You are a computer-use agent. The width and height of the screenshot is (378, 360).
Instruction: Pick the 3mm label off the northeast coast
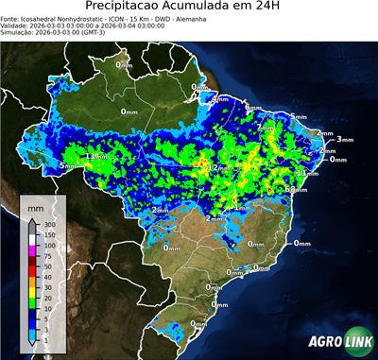tap(343, 139)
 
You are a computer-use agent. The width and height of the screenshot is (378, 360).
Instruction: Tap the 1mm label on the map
tap(242, 207)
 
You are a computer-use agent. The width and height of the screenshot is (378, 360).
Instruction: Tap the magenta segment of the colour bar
tap(32, 251)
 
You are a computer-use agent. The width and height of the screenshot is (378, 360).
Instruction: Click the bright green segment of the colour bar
tap(32, 303)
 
